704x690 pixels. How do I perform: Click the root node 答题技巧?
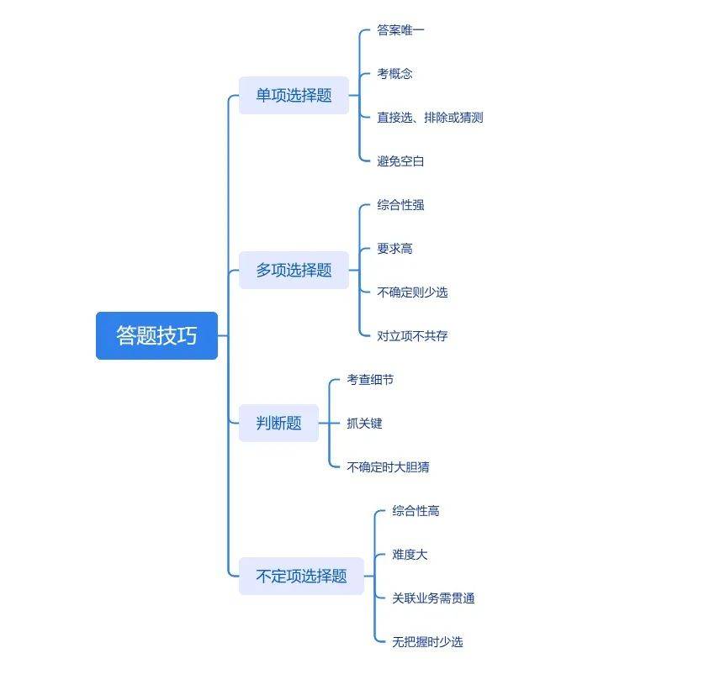pos(156,335)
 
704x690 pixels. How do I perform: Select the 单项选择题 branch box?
pos(294,95)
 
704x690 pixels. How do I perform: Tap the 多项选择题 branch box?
pos(294,270)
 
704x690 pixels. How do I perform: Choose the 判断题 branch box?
pos(278,423)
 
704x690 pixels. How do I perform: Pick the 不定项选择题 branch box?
pos(301,576)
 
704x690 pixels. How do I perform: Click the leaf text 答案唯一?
pos(400,30)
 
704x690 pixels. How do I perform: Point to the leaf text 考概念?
pos(394,74)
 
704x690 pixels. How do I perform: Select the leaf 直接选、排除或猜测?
pos(430,118)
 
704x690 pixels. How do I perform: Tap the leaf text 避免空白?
pos(400,161)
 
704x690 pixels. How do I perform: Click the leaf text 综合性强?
pos(400,205)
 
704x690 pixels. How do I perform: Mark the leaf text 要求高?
pos(394,249)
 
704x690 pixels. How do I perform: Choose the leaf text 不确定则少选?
pos(412,292)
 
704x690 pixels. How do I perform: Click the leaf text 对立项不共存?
pos(412,336)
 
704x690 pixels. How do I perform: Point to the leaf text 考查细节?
pos(370,380)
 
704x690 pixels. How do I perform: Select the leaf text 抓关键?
pos(364,424)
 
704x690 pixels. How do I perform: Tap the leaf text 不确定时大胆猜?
pos(388,467)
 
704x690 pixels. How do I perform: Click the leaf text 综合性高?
pos(416,511)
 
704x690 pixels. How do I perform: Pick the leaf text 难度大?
pos(410,555)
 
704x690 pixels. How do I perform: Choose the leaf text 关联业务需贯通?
pos(433,598)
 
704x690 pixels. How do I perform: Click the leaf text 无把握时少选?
pos(427,642)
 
